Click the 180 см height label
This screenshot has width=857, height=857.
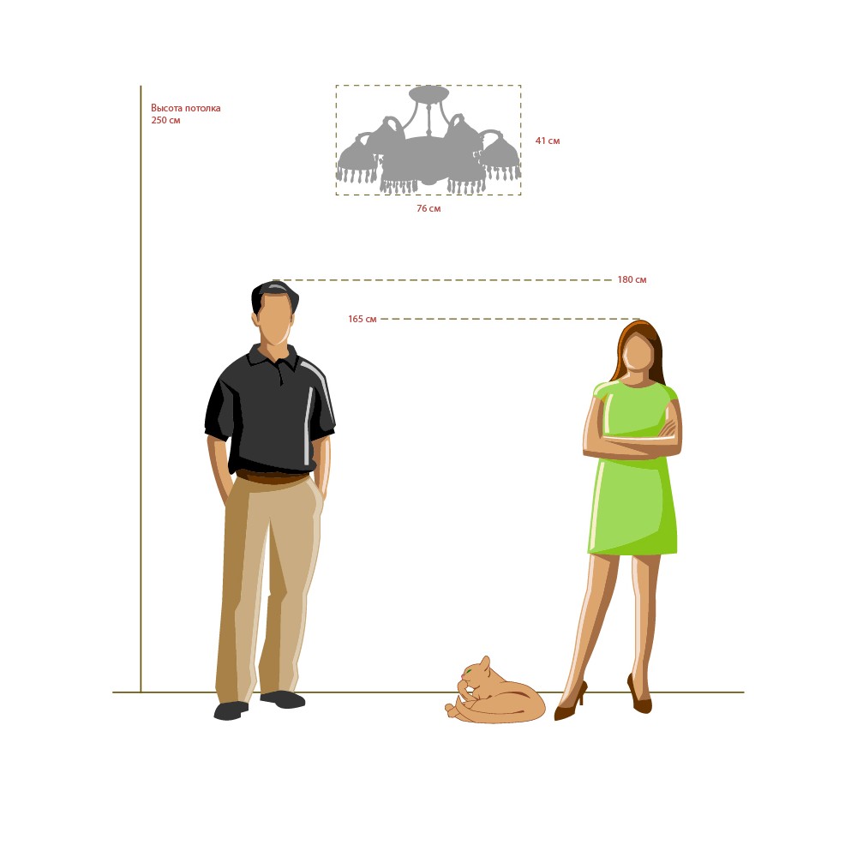[x=632, y=280]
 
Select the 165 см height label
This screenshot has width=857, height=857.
[x=363, y=319]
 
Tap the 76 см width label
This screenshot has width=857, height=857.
[x=428, y=209]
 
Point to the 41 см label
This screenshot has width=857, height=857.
[x=548, y=141]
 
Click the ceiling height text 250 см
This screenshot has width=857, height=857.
[x=165, y=120]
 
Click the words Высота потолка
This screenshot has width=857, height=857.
[x=186, y=108]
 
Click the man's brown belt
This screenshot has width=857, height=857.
[x=272, y=477]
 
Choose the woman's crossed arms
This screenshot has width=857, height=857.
[x=632, y=440]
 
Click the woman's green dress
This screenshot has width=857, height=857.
[x=634, y=469]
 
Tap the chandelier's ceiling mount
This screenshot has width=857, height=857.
[x=429, y=93]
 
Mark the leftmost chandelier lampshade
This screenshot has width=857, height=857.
[x=357, y=158]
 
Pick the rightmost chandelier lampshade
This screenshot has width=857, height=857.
[x=500, y=154]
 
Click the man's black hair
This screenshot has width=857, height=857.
[x=275, y=293]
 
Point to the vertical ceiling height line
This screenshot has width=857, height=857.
[x=141, y=388]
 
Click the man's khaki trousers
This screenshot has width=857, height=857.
[x=267, y=588]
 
